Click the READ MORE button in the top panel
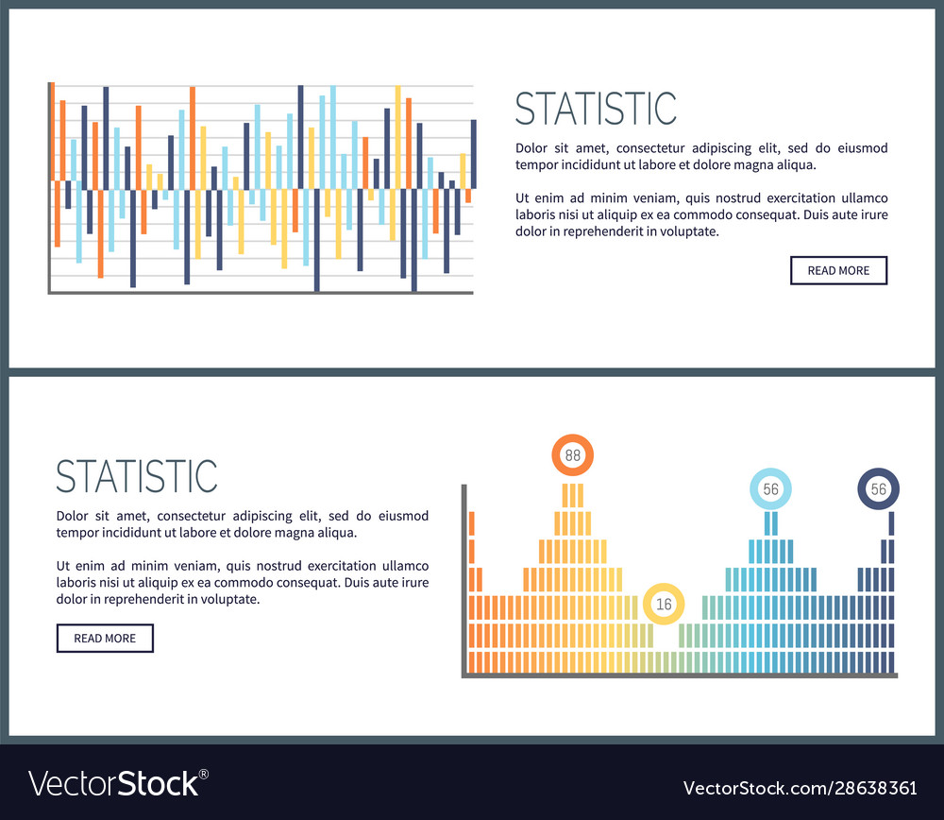(838, 270)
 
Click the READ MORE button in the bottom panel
(105, 639)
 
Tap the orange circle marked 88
(572, 455)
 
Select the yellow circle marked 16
(664, 604)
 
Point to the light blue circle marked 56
(770, 489)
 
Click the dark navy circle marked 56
(878, 489)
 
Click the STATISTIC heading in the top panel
(596, 109)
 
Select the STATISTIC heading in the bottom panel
(137, 476)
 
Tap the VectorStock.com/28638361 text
(800, 787)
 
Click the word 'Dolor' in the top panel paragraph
(531, 148)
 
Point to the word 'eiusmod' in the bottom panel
(404, 516)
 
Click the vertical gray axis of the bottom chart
(464, 580)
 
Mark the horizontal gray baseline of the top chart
(261, 293)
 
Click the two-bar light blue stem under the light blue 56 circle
(771, 523)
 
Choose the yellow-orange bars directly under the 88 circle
(573, 496)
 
